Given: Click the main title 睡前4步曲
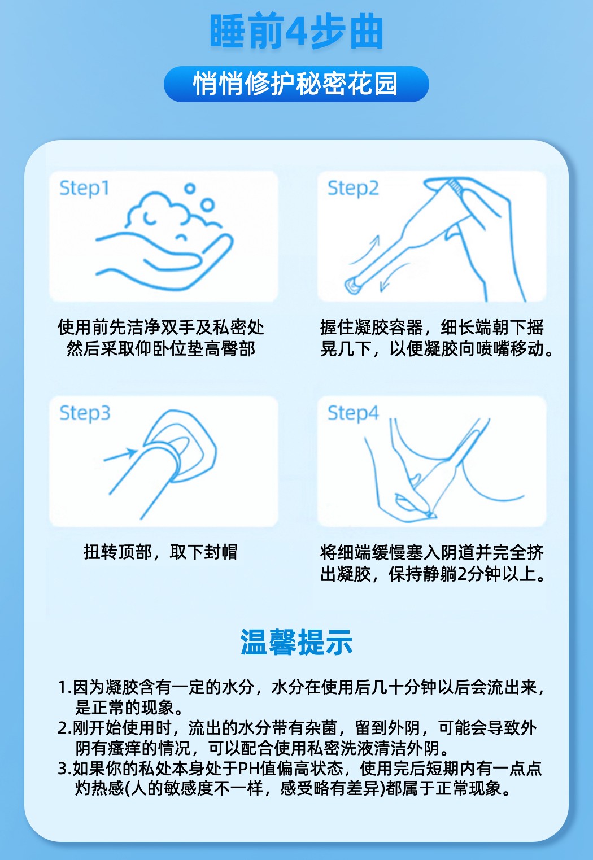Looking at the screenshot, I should point(296,32).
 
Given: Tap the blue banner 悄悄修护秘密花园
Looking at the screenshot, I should point(296,84).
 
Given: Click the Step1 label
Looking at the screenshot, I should point(84,188).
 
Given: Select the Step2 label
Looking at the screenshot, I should point(353,188).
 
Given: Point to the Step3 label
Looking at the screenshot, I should point(85,413).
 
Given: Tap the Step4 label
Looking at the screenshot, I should point(353,413).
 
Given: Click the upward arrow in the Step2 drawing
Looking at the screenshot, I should point(367,248).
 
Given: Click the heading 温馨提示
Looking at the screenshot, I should point(296,643).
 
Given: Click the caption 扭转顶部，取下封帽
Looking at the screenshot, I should point(160,552).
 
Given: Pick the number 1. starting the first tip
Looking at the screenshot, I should point(64,687).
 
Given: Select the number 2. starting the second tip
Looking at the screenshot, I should point(64,728).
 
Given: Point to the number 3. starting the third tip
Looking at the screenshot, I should point(64,769).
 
